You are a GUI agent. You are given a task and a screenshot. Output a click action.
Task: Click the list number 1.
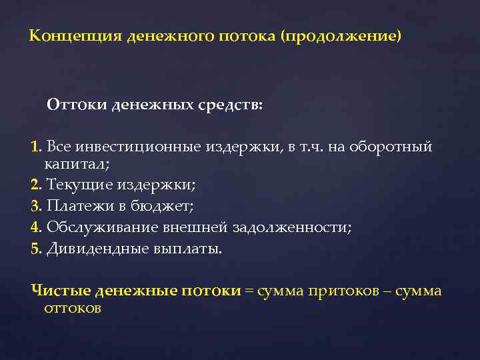coord(35,147)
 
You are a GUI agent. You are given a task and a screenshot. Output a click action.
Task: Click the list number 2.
coord(35,184)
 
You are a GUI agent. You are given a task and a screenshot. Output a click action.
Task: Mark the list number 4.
coord(35,227)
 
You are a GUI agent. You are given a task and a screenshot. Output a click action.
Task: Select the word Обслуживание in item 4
coord(101,227)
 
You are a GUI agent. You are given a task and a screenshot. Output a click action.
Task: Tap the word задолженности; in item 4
coord(291,227)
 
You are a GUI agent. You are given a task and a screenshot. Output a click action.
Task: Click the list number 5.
coord(35,249)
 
